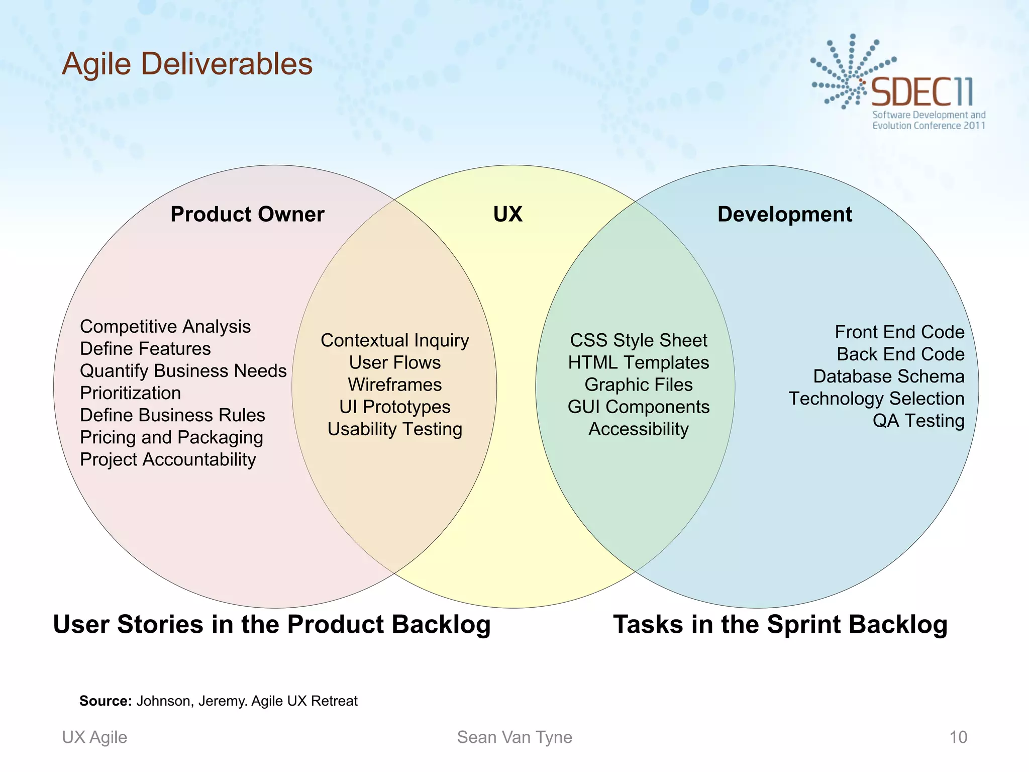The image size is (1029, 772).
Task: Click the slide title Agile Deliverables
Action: coord(187,64)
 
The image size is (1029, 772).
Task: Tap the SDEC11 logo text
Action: coord(921,92)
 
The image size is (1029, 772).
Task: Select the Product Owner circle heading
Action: coord(247,214)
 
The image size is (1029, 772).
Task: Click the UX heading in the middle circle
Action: coord(507,214)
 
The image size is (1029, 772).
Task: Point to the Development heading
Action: coord(784,214)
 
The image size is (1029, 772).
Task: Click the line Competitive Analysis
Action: coord(165,327)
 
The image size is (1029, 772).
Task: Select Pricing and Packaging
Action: coord(171,437)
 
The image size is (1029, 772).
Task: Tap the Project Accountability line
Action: coord(168,459)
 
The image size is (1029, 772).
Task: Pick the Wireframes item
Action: coord(394,384)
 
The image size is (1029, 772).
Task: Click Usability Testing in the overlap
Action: coord(394,429)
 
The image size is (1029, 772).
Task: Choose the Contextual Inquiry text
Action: coord(394,340)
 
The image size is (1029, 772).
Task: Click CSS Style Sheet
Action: coord(638,340)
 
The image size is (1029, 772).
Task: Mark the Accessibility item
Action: coord(638,429)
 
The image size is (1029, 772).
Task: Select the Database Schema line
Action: coord(888,376)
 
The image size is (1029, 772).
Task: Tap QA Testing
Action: coord(918,421)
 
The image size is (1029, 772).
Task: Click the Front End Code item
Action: coord(899,332)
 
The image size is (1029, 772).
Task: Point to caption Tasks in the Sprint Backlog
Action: coord(780,624)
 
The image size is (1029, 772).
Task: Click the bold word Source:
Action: coord(106,701)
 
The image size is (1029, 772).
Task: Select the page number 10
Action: coord(958,737)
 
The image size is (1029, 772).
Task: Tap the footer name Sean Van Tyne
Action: coord(514,737)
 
